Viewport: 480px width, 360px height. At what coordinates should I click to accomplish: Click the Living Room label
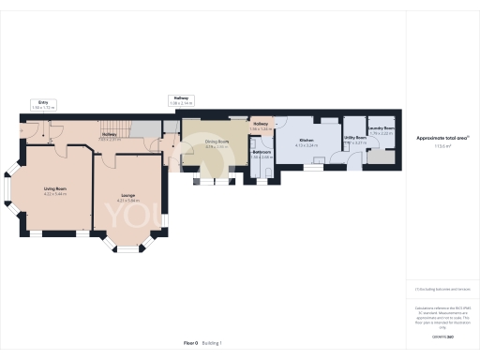tap(54, 188)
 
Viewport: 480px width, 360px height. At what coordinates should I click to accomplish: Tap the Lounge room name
tap(127, 195)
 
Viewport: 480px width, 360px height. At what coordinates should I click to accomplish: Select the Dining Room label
tap(217, 142)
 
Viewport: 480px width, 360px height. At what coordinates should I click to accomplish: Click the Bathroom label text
tap(262, 152)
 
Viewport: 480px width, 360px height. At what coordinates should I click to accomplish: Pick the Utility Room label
tap(354, 138)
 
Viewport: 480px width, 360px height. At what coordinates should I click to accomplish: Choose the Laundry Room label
tap(381, 128)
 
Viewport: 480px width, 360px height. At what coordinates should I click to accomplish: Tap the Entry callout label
tap(43, 101)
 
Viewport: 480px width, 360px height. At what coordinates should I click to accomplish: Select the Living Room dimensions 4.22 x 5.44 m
tap(54, 194)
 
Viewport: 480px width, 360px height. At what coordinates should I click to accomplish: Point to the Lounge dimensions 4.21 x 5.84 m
tap(127, 201)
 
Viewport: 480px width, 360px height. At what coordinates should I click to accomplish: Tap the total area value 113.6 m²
tap(438, 145)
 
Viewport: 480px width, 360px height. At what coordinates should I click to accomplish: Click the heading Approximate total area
tap(438, 138)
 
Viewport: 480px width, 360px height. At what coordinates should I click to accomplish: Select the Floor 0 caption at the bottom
tap(191, 343)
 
